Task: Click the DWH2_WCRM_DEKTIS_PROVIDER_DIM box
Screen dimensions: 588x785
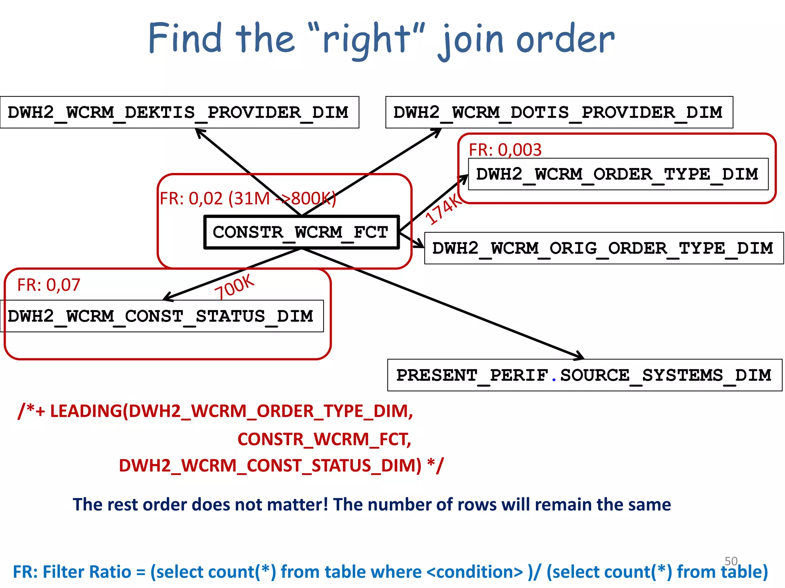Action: [179, 112]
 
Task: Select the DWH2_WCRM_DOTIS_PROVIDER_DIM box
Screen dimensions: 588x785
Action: [559, 112]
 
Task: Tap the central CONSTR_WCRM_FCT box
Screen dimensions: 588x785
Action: [301, 232]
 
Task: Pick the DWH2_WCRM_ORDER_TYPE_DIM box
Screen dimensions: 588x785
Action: [618, 174]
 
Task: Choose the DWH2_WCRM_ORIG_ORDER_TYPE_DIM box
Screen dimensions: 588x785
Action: [604, 248]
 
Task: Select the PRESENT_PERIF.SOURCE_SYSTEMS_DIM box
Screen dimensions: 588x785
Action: [585, 375]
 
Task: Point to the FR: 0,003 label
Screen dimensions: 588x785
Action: [505, 150]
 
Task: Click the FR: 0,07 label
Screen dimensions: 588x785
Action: [49, 285]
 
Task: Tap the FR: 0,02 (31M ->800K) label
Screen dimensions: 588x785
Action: [247, 199]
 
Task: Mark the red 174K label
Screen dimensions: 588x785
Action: [444, 209]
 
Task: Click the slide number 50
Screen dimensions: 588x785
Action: [731, 561]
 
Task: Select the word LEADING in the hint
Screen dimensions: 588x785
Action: [86, 411]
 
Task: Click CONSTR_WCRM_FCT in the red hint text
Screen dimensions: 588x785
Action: [324, 439]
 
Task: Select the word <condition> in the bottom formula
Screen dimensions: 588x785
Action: [475, 572]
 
